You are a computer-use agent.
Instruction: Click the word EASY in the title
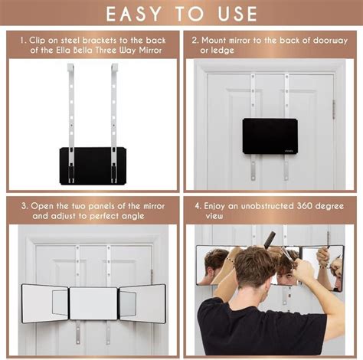click(133, 14)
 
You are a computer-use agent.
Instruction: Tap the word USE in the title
click(237, 14)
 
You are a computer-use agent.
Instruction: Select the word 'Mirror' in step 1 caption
click(150, 50)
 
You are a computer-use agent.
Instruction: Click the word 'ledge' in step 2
click(217, 51)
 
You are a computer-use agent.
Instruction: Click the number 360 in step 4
click(304, 206)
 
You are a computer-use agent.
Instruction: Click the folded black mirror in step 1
click(93, 166)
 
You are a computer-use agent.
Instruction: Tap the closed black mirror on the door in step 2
click(270, 136)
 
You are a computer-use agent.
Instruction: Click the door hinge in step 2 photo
click(334, 110)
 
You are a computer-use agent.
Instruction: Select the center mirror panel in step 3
click(93, 303)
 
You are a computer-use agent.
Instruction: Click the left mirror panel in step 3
click(45, 303)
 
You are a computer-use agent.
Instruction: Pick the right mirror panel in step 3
click(142, 303)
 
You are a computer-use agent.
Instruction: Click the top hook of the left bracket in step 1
click(70, 67)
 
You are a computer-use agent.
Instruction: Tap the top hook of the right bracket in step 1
click(115, 67)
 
